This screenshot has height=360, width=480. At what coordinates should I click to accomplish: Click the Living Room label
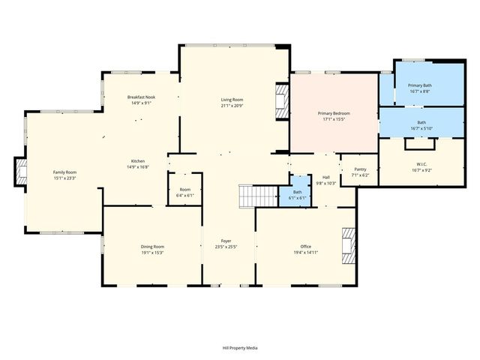click(232, 99)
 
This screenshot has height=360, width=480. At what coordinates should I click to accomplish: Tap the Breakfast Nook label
click(141, 97)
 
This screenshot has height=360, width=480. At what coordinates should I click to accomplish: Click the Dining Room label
click(152, 247)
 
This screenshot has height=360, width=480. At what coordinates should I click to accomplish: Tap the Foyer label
click(226, 241)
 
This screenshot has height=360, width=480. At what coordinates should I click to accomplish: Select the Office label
click(305, 247)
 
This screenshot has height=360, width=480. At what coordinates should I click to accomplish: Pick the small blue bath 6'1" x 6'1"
click(298, 193)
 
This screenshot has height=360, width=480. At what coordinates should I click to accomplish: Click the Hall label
click(326, 177)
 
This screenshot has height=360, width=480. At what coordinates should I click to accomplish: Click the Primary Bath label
click(420, 85)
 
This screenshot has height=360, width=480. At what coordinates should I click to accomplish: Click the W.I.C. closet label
click(421, 164)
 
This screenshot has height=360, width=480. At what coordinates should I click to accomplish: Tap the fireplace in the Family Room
click(22, 172)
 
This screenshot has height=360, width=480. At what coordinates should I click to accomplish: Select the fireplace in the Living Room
click(281, 100)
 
